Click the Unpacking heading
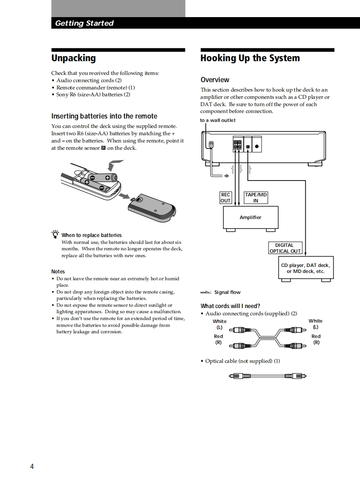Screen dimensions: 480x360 (74, 58)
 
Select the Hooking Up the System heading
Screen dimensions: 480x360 (250, 58)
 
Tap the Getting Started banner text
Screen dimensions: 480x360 (84, 23)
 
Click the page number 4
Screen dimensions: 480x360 (32, 466)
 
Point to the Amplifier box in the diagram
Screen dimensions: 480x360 (250, 218)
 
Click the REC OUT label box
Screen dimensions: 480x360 (226, 198)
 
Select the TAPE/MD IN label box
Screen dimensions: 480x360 (256, 198)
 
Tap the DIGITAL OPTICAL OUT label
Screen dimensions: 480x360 (285, 248)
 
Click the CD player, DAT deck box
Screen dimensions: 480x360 (306, 268)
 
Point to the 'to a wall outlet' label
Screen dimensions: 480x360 (217, 120)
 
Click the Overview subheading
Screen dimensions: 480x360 (215, 80)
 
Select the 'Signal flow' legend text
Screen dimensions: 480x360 (227, 292)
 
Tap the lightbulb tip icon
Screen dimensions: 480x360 (55, 234)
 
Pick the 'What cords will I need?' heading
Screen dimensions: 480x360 (230, 306)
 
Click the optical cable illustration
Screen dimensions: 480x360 (268, 376)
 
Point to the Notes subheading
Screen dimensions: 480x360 (58, 271)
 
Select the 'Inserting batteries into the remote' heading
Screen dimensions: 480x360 (104, 116)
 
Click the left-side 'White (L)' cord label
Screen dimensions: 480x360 (220, 324)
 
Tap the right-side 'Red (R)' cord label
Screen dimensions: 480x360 (316, 339)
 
